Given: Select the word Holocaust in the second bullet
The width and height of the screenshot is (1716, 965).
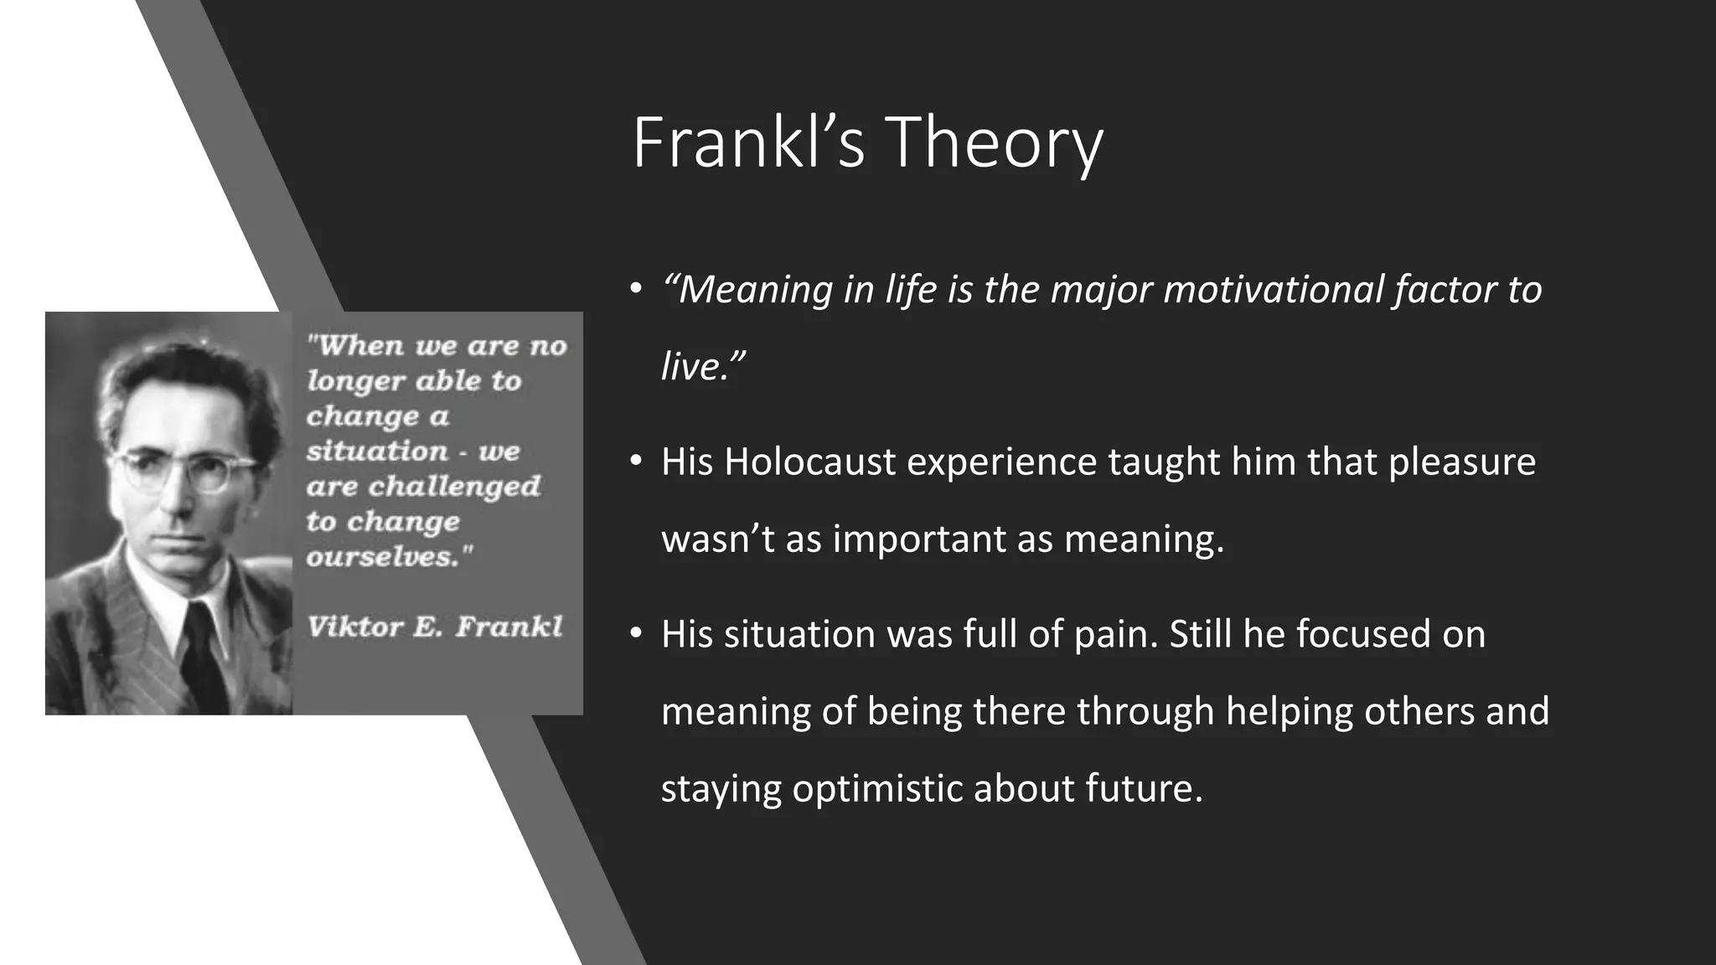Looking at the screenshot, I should [809, 462].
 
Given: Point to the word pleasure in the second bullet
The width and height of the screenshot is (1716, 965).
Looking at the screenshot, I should [1462, 462].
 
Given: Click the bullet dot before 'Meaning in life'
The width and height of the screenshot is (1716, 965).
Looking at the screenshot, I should [636, 290].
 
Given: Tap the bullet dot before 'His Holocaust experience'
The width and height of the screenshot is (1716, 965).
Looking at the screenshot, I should [636, 462].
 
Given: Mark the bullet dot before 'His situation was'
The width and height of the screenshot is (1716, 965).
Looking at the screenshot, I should [636, 634].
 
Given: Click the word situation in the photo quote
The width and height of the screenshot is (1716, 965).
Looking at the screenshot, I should [377, 452].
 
